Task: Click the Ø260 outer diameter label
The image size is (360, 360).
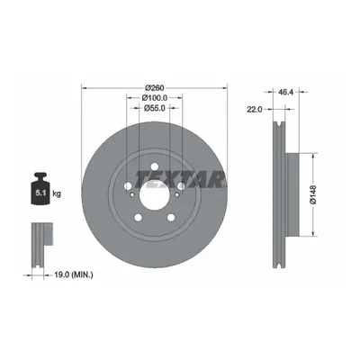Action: point(154,88)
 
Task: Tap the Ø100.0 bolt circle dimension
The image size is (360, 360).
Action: point(155,98)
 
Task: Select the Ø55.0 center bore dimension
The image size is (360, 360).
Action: point(155,108)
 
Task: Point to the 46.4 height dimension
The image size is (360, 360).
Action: point(285,92)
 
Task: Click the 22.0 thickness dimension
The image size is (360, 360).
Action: point(255,110)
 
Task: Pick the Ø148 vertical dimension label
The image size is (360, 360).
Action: point(313,194)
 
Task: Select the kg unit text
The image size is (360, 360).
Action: point(57,193)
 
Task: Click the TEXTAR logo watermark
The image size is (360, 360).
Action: point(180,180)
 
